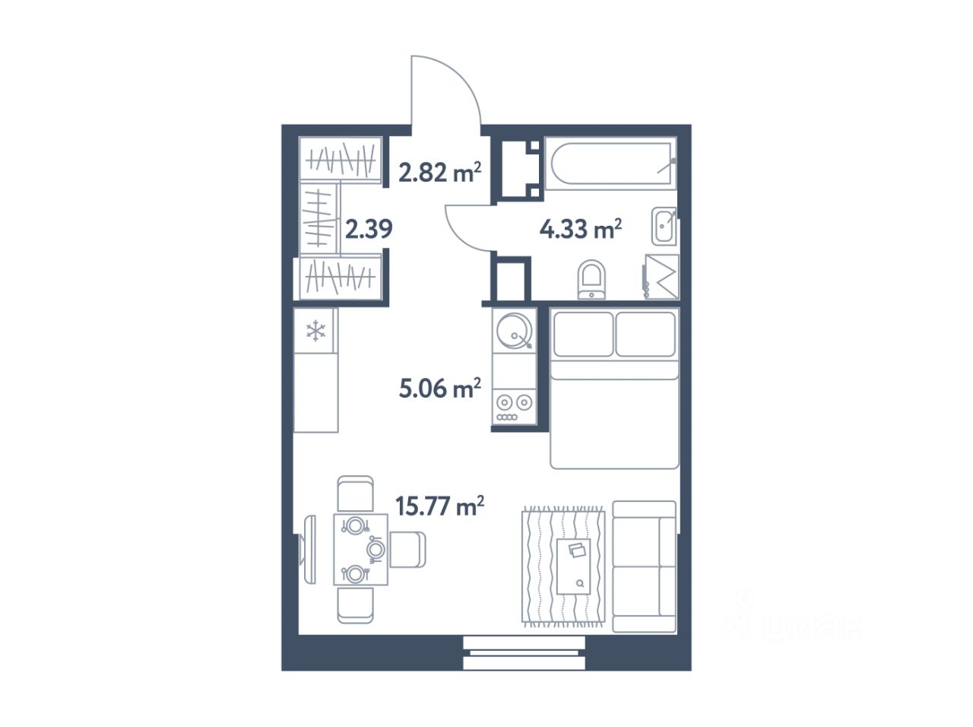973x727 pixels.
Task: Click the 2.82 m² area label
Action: coord(439,172)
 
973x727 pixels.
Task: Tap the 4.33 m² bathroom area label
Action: coord(580,229)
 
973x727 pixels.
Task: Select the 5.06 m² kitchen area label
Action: coord(439,388)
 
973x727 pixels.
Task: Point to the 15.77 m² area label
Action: coord(439,506)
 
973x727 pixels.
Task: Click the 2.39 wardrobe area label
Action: coord(369,229)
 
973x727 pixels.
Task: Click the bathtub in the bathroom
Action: coord(611,163)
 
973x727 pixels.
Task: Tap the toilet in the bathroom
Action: coord(591,279)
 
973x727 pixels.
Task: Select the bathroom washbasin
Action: coord(664,226)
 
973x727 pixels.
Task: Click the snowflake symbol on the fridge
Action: coord(315,331)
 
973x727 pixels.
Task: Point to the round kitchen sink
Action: coord(514,331)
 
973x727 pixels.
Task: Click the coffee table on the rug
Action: coord(574,567)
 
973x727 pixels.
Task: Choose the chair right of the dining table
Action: coord(407,550)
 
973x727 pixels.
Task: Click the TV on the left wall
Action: coord(308,550)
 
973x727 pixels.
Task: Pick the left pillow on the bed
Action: coord(583,334)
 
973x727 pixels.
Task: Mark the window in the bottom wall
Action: coord(524,653)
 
